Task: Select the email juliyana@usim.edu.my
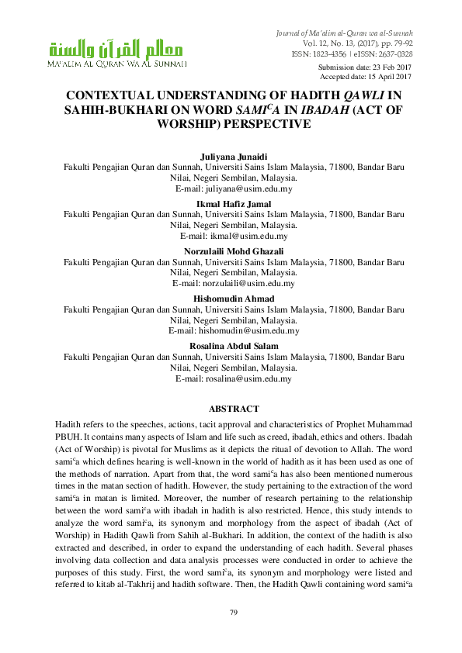pos(252,188)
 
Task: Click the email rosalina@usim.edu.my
pos(253,378)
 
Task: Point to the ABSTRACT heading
pos(234,409)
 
